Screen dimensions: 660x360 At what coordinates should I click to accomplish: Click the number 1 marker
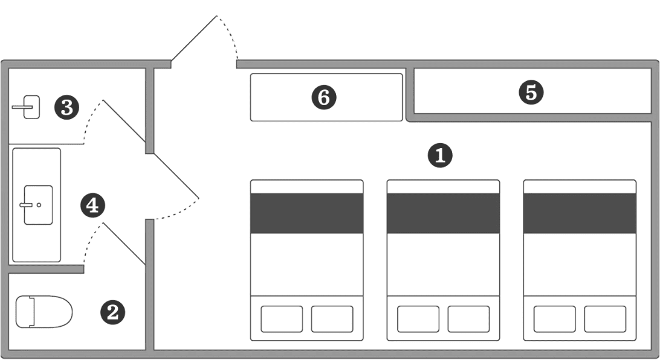[x=440, y=155]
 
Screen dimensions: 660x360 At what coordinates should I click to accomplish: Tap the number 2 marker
[x=112, y=312]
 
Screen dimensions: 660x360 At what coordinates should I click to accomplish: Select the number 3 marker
[x=67, y=108]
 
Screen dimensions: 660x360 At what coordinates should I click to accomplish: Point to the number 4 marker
[x=92, y=205]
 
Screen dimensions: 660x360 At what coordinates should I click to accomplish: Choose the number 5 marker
[x=531, y=92]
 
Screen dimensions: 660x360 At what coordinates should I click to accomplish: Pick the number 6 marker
[x=324, y=97]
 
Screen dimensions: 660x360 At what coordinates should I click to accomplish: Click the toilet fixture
[x=44, y=312]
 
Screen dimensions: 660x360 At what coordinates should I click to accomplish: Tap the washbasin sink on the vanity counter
[x=38, y=205]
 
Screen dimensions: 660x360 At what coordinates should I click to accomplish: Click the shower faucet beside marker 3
[x=26, y=108]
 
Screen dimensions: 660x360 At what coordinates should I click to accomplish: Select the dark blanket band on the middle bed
[x=443, y=213]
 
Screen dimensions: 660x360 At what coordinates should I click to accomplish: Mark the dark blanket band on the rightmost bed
[x=580, y=213]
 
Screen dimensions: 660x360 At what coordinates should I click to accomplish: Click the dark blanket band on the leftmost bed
[x=307, y=213]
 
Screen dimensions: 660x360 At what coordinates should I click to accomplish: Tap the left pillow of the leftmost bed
[x=282, y=319]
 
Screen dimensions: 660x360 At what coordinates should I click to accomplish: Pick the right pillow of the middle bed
[x=468, y=319]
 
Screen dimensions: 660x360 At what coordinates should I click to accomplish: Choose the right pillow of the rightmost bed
[x=605, y=319]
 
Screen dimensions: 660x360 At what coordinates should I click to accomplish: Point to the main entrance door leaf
[x=194, y=38]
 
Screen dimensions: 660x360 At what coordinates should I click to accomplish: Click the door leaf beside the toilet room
[x=124, y=244]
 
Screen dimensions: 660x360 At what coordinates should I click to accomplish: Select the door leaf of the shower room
[x=124, y=121]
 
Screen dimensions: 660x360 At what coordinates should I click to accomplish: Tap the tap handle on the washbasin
[x=26, y=205]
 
